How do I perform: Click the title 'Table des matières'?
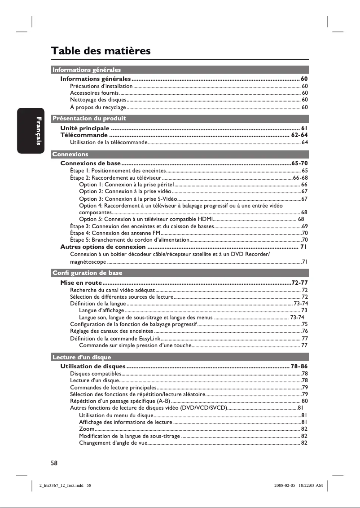coord(101,51)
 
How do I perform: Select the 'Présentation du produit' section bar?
coord(89,119)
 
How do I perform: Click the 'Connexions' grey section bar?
coord(70,154)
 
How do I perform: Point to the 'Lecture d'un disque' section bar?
coord(81,358)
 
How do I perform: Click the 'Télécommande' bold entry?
coord(84,135)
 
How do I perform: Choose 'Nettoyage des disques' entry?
coord(98,100)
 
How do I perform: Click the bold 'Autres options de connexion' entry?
coord(103,247)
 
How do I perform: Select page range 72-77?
coord(299,283)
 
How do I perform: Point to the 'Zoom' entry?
coord(86,429)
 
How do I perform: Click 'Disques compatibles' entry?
coord(96,374)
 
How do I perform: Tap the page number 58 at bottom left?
coord(54,462)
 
